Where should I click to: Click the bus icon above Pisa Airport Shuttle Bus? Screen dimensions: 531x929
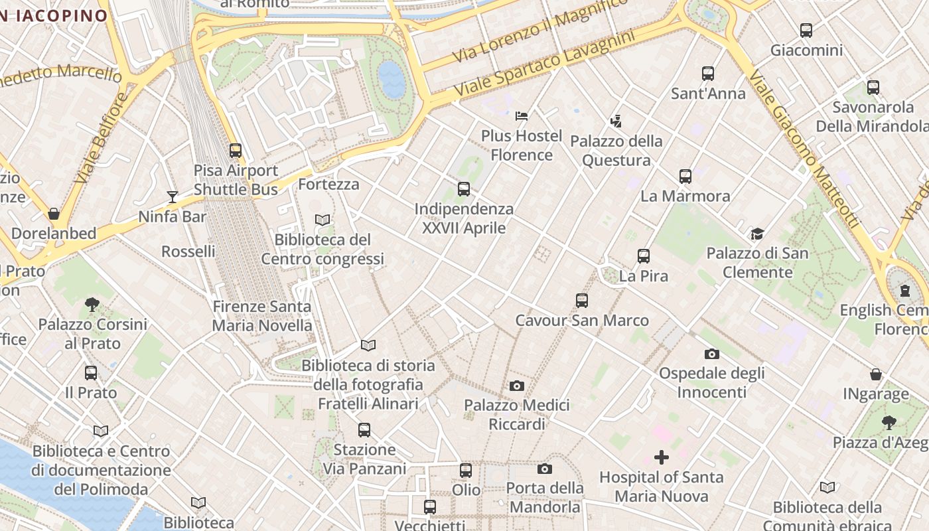[x=236, y=151]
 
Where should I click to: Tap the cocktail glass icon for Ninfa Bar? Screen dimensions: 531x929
[x=173, y=196]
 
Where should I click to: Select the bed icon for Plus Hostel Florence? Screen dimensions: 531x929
[x=522, y=116]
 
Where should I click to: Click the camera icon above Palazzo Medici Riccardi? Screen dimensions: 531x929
[x=517, y=386]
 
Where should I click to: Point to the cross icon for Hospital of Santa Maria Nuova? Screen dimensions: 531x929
[x=662, y=457]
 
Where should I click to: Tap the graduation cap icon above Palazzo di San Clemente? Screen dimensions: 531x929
[x=757, y=234]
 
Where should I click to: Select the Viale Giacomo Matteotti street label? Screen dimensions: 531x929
[x=805, y=149]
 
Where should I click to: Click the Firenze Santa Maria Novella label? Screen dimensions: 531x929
[x=262, y=316]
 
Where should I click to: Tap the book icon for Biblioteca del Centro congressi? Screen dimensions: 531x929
[x=322, y=220]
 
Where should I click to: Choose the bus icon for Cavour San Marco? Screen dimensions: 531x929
[x=582, y=301]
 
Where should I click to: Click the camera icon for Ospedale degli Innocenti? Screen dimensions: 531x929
[x=712, y=354]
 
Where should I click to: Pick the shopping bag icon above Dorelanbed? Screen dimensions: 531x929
[x=54, y=214]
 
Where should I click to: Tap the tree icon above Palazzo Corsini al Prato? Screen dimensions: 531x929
[x=92, y=305]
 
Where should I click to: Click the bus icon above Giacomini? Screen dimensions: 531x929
[x=806, y=31]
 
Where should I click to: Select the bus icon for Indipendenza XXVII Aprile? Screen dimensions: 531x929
[x=464, y=189]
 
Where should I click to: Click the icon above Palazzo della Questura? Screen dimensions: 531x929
[x=616, y=121]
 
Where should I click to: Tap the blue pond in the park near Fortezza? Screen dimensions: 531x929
[x=392, y=80]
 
